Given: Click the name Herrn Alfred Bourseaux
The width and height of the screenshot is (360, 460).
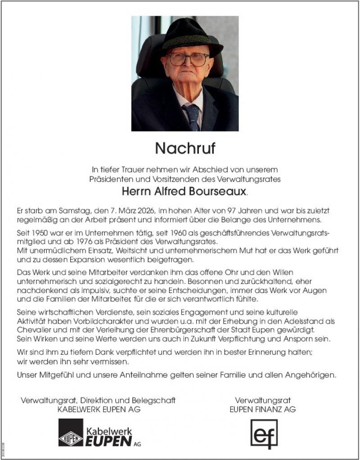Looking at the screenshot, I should click(x=184, y=191).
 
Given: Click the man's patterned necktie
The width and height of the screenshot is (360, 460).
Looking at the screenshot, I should click(x=193, y=116).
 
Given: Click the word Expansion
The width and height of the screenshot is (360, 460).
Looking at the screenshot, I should click(x=90, y=258).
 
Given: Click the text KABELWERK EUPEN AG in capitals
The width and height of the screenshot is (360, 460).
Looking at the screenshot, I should click(x=99, y=410).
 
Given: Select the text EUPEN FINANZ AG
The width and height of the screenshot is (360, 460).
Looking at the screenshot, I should click(x=262, y=410).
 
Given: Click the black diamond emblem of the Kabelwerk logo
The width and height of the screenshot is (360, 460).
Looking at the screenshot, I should click(x=71, y=433).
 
